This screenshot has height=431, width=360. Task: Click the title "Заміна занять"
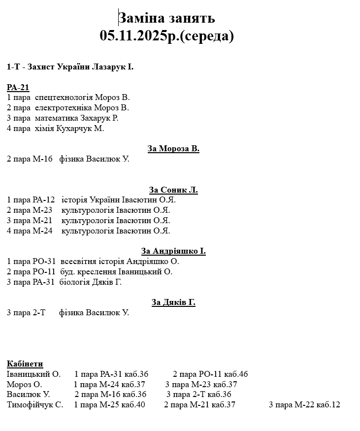pyautogui.click(x=167, y=18)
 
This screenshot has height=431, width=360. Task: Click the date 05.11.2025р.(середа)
pyautogui.click(x=166, y=36)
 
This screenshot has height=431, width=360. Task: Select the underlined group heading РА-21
pyautogui.click(x=18, y=88)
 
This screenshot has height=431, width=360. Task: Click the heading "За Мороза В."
pyautogui.click(x=173, y=149)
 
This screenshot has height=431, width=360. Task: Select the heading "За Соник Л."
pyautogui.click(x=173, y=190)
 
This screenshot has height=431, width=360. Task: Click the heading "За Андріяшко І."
pyautogui.click(x=173, y=251)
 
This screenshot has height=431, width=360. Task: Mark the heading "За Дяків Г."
pyautogui.click(x=173, y=302)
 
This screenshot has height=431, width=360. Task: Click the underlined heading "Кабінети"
pyautogui.click(x=25, y=364)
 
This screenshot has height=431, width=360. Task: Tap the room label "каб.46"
pyautogui.click(x=236, y=374)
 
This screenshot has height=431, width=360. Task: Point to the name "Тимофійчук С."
pyautogui.click(x=35, y=405)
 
